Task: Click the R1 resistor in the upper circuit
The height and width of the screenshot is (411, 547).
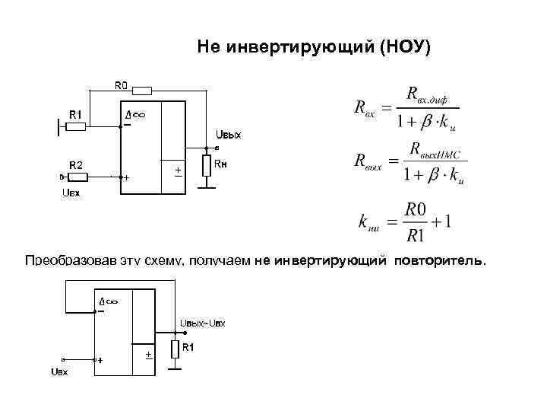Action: click(75, 126)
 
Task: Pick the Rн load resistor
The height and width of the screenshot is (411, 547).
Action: click(205, 167)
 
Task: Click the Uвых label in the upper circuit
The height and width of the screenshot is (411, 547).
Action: click(228, 135)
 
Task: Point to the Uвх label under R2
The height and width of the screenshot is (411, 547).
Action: click(70, 193)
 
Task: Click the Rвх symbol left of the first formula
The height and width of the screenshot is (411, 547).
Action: click(364, 108)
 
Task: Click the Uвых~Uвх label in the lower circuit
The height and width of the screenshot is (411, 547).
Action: click(202, 324)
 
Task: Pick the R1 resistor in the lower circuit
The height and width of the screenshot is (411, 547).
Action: click(175, 350)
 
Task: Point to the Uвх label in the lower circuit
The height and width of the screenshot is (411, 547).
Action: click(58, 371)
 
